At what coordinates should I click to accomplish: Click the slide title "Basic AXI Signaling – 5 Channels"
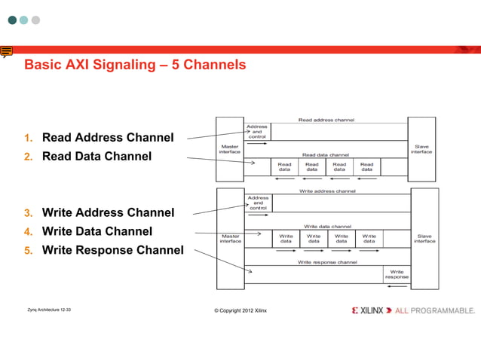pos(136,65)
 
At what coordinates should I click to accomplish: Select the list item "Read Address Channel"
pos(107,137)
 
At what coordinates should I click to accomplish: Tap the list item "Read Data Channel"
pos(97,156)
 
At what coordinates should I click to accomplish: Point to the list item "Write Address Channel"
pos(108,212)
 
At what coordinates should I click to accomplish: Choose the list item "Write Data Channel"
pos(97,231)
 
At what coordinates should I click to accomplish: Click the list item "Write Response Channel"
pos(112,250)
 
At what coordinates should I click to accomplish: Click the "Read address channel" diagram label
pos(326,120)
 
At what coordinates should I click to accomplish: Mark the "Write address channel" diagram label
pos(327,191)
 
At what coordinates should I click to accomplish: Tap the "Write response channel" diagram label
pos(327,262)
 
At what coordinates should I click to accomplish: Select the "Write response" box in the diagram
pos(397,275)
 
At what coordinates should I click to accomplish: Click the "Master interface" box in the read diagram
pos(229,149)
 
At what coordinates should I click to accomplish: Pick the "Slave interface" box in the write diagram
pos(424,238)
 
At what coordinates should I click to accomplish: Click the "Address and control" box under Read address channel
pos(257,131)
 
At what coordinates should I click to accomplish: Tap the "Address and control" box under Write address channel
pos(258,203)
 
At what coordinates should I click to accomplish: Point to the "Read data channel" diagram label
pos(326,155)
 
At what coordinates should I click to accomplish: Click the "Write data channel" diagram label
pos(327,226)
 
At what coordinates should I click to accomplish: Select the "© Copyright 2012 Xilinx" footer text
pos(240,310)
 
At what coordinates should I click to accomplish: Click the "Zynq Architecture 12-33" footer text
pos(49,310)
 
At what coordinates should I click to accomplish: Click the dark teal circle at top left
pos(12,20)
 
